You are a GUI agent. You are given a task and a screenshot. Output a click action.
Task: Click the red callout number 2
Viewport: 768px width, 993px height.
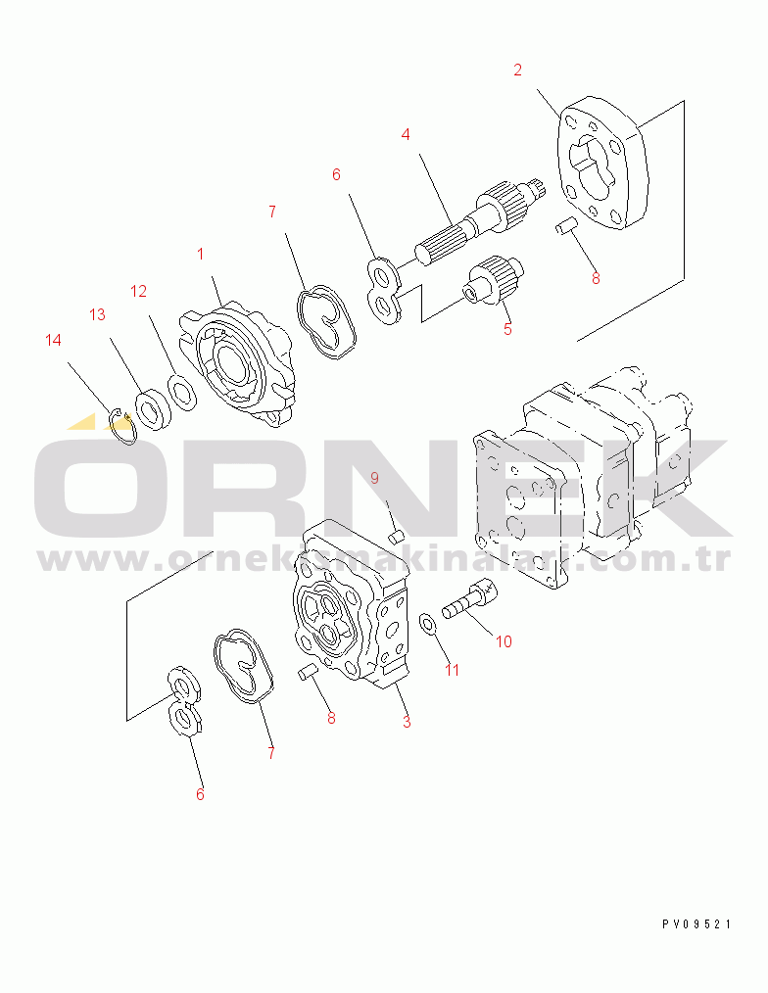517,70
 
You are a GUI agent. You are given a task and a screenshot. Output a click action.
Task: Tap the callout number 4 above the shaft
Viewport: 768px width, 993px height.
406,134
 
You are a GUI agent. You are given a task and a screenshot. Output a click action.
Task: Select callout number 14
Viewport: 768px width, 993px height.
53,340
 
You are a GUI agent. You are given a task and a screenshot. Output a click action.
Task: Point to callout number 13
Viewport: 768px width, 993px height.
97,314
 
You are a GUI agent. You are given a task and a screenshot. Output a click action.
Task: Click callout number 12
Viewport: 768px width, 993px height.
138,291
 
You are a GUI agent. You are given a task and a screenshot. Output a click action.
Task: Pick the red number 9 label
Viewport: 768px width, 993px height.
374,478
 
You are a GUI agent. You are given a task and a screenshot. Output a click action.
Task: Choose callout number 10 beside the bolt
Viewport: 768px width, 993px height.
504,641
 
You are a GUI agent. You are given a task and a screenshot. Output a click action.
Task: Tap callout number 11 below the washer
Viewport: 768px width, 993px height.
452,670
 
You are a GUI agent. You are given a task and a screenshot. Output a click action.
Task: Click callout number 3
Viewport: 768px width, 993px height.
407,722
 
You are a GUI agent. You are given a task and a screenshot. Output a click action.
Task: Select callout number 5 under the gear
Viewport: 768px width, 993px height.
507,329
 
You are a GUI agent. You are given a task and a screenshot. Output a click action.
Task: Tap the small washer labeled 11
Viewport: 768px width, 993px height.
429,624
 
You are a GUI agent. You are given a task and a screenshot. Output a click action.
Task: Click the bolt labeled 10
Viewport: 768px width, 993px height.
469,599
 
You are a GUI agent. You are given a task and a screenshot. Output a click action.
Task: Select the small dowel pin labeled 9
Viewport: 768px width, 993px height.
396,537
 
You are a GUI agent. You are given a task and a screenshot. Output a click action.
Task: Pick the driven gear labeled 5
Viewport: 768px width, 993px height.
494,280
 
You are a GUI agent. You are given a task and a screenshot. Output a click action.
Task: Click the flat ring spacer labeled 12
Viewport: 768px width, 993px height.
182,393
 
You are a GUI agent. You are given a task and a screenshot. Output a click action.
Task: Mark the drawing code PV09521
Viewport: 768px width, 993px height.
696,924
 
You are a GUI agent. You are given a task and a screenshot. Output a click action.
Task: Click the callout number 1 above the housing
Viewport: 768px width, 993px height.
200,254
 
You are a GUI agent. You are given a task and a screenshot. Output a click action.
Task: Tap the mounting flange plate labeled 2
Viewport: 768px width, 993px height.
602,163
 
